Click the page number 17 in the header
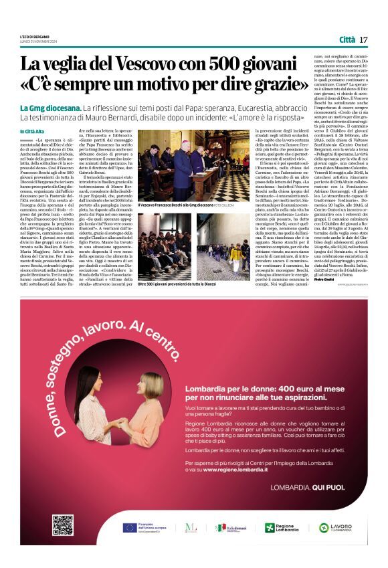(363, 39)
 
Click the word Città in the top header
(347, 39)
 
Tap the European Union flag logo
(130, 528)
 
